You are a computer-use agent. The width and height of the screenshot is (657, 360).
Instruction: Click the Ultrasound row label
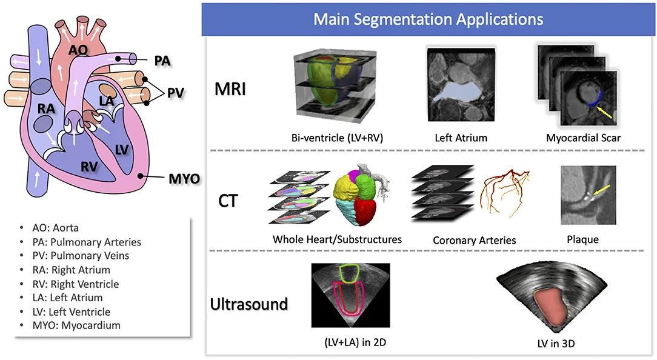249,303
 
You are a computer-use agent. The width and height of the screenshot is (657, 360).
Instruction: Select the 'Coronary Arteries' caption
474,240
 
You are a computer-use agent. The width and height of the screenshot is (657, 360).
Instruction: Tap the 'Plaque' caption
582,239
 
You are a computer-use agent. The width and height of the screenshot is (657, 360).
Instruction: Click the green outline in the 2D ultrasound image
351,273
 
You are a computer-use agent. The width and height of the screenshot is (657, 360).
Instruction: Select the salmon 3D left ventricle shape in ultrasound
552,306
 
